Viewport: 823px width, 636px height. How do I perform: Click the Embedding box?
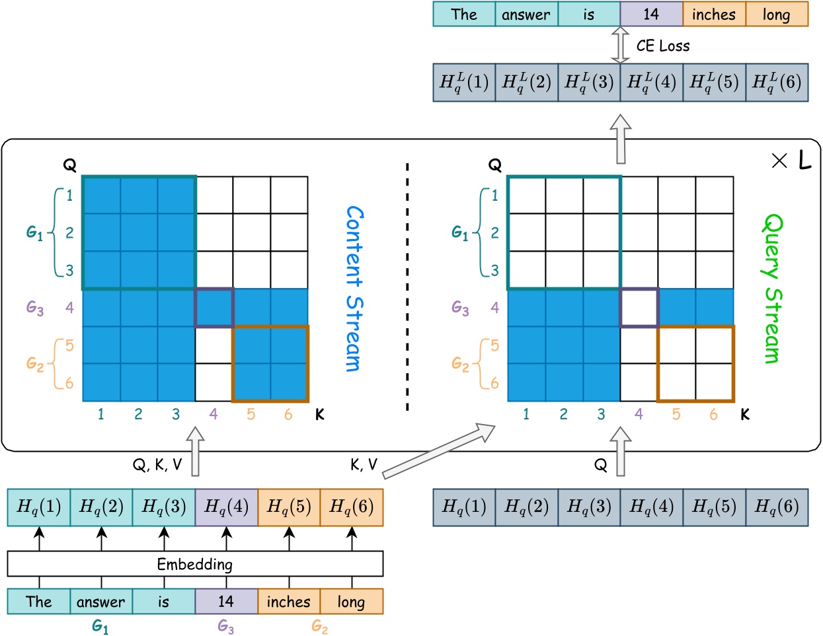pyautogui.click(x=195, y=564)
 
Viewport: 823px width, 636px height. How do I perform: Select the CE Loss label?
pyautogui.click(x=662, y=46)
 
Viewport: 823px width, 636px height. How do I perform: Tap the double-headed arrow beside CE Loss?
pyautogui.click(x=620, y=45)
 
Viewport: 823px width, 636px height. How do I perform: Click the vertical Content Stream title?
pyautogui.click(x=354, y=289)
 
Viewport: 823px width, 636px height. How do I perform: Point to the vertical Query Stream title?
pyautogui.click(x=772, y=289)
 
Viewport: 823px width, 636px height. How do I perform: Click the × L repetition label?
pyautogui.click(x=791, y=160)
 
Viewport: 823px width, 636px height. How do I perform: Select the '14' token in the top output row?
pyautogui.click(x=651, y=14)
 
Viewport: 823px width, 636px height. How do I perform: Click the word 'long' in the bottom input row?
pyautogui.click(x=351, y=602)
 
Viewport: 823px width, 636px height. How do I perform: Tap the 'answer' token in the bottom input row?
pyautogui.click(x=100, y=602)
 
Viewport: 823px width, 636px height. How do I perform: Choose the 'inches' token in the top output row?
pyautogui.click(x=714, y=14)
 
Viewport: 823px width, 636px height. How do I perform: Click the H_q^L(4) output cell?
pyautogui.click(x=651, y=83)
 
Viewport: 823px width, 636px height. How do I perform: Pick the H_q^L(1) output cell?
pyautogui.click(x=464, y=83)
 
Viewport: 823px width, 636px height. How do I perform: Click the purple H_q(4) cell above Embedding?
pyautogui.click(x=226, y=507)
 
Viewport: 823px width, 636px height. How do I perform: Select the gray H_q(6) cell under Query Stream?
pyautogui.click(x=777, y=507)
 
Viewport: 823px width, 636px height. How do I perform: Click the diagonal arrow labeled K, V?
pyautogui.click(x=438, y=451)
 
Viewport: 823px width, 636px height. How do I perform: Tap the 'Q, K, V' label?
pyautogui.click(x=157, y=465)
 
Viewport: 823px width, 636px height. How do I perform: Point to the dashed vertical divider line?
pyautogui.click(x=407, y=287)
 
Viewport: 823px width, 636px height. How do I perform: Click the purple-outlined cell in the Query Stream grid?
pyautogui.click(x=639, y=308)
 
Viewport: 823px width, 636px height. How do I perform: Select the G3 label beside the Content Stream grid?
pyautogui.click(x=35, y=308)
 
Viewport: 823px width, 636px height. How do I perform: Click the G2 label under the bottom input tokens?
pyautogui.click(x=320, y=627)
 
